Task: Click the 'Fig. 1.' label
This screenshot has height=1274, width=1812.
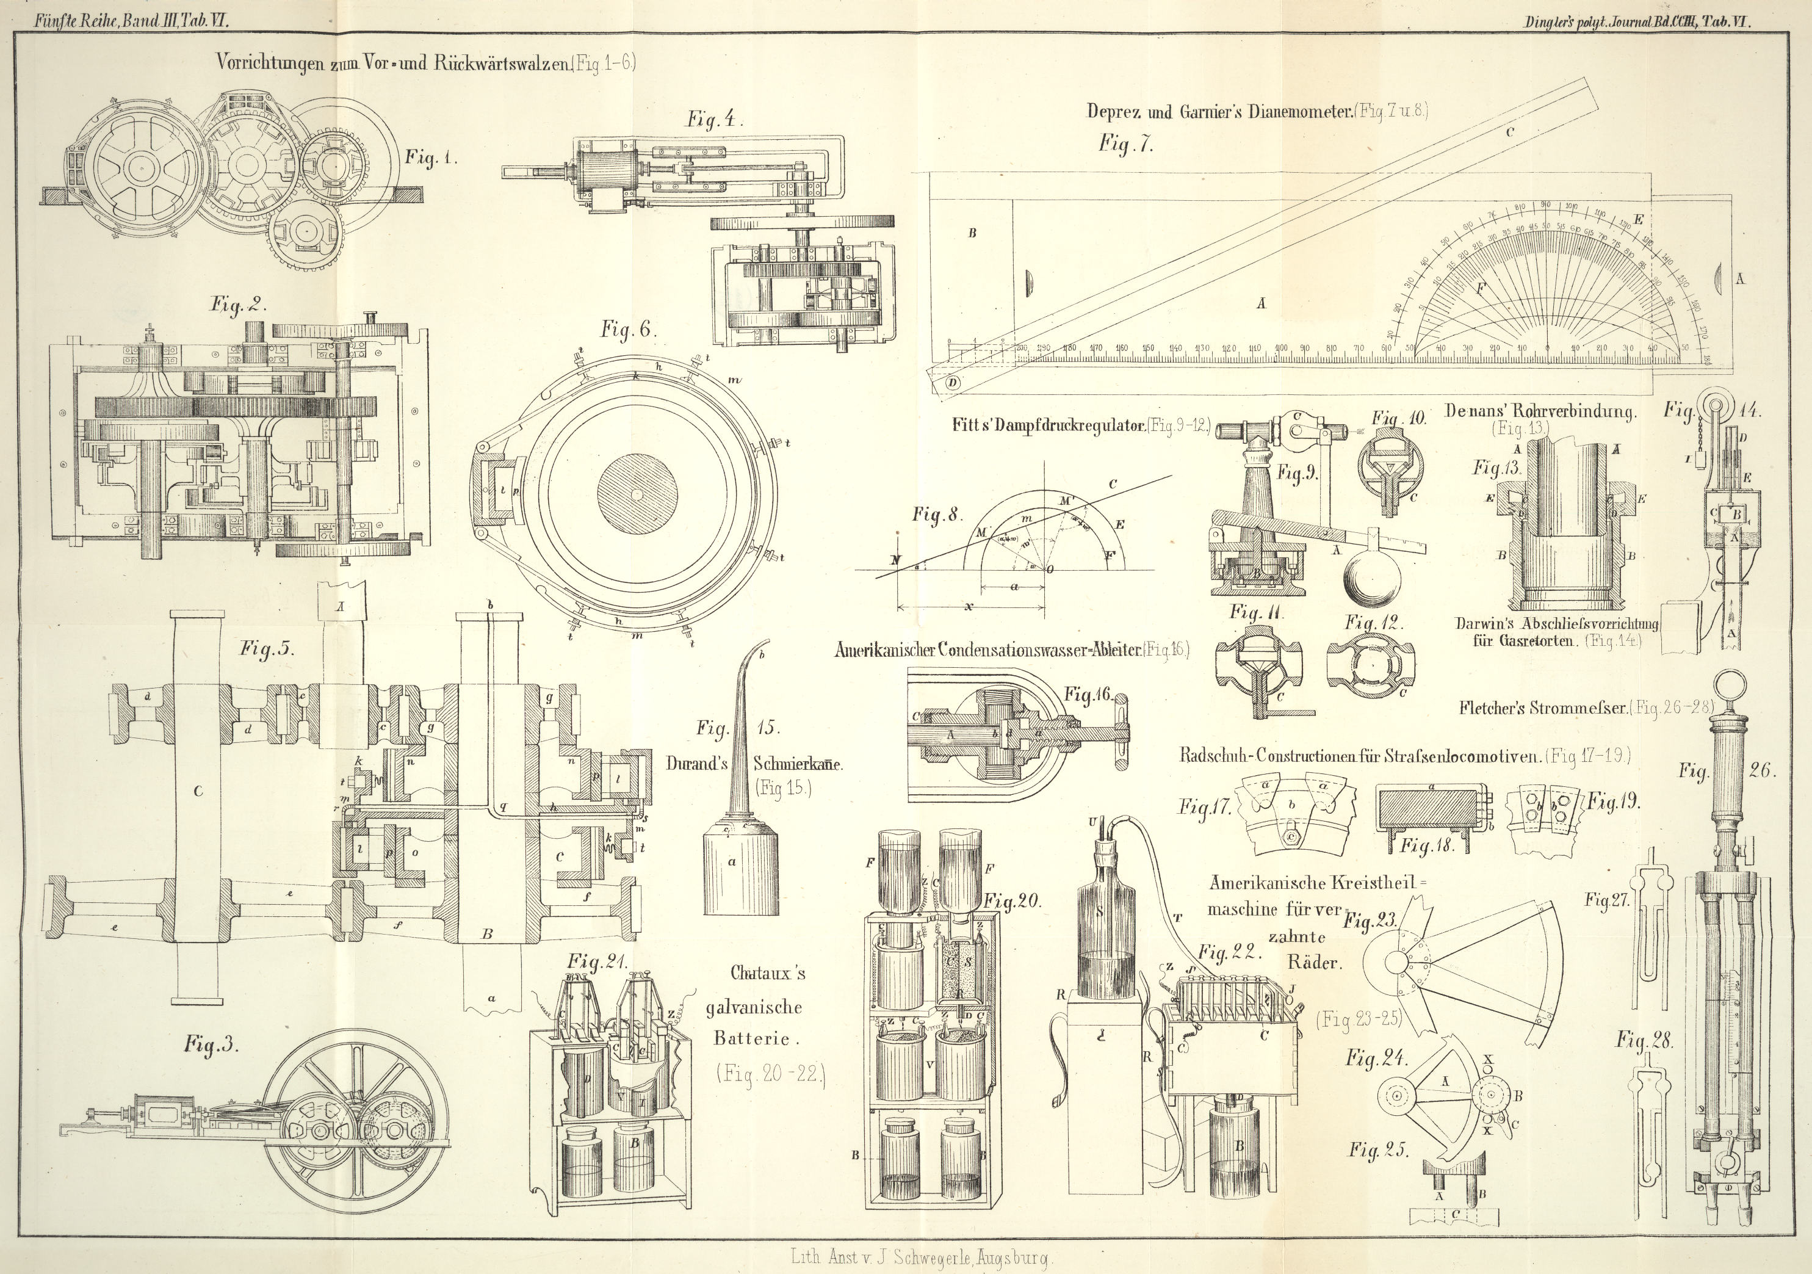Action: (431, 158)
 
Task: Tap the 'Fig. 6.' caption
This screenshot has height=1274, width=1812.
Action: (627, 330)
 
